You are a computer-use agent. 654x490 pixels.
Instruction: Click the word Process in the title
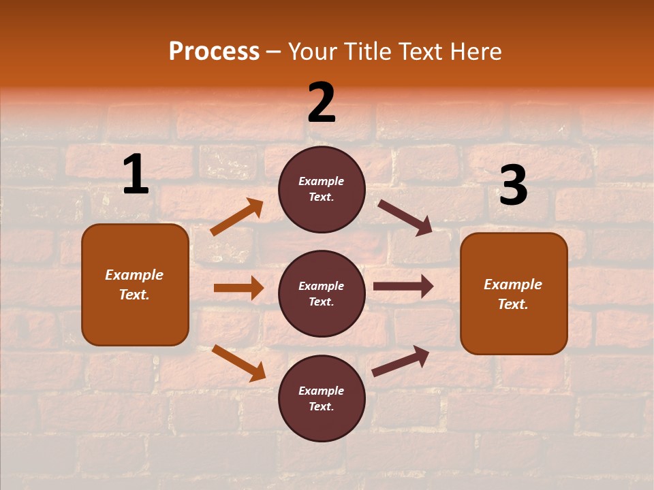[214, 51]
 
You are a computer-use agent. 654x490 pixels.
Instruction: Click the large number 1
[136, 175]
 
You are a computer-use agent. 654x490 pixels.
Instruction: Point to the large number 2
[322, 103]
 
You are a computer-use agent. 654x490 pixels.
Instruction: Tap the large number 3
[513, 186]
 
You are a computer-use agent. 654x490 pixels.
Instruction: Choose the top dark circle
[322, 189]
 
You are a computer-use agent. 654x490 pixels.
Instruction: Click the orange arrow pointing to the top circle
[236, 217]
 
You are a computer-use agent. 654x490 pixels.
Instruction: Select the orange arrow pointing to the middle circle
[238, 288]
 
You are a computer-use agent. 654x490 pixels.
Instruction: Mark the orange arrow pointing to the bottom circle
[238, 362]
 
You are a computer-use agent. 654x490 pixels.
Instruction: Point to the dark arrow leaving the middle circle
[403, 287]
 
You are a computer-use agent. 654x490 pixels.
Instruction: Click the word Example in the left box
[134, 275]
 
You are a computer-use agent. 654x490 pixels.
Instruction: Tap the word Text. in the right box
[513, 304]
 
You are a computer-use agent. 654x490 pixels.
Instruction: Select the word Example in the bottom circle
[321, 391]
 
